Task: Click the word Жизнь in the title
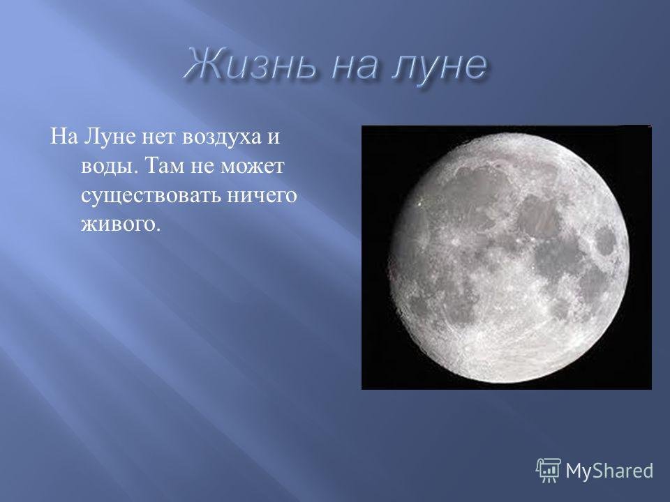(x=251, y=66)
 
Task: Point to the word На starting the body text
(x=64, y=137)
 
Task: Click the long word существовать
(x=151, y=196)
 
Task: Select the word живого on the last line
(x=118, y=224)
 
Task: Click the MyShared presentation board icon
(x=549, y=471)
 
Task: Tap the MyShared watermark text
(x=609, y=471)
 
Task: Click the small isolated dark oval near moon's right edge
(x=606, y=241)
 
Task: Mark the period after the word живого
(x=158, y=229)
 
